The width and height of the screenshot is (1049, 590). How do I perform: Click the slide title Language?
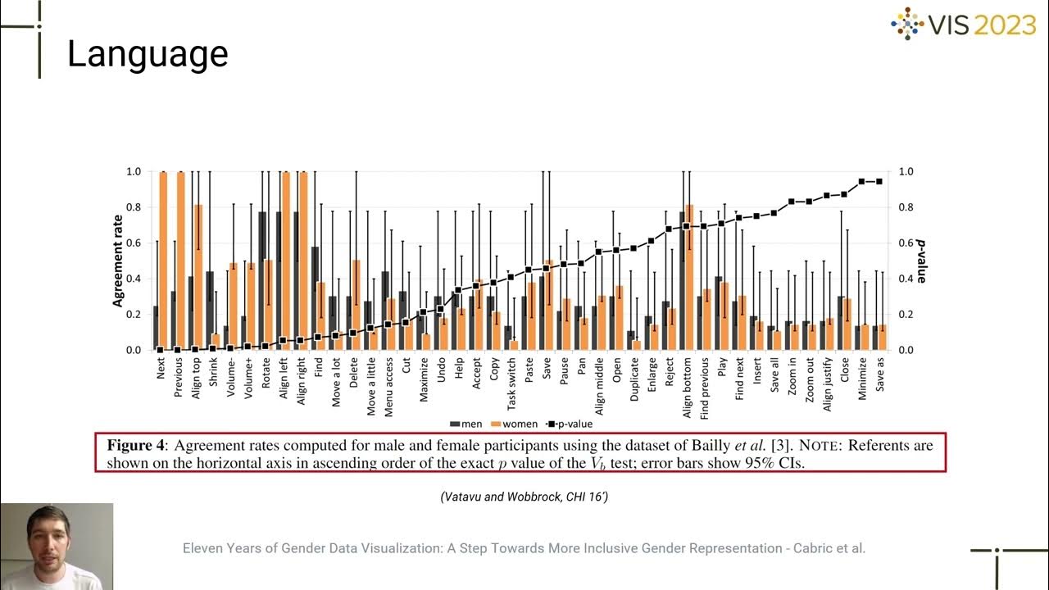point(148,54)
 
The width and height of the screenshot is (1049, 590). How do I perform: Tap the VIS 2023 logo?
point(964,25)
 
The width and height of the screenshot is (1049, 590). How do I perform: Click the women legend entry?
point(515,424)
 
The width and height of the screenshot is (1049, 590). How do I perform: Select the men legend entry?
point(466,424)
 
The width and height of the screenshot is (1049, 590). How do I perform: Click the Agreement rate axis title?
point(118,261)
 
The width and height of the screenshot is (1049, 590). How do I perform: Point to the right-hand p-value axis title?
point(921,261)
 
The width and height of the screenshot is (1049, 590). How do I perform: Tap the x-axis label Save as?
point(880,376)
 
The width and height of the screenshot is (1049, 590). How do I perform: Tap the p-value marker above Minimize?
point(862,181)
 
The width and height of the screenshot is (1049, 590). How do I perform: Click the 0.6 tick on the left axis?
point(134,243)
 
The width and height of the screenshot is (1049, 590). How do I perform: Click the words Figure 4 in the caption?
point(137,446)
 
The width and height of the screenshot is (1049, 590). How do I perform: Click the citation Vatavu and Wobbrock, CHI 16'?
point(524,497)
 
